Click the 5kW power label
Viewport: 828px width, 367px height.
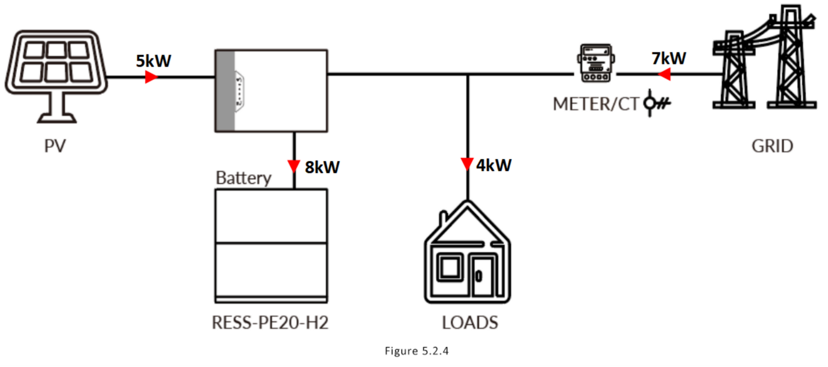(x=153, y=61)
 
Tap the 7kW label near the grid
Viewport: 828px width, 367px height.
(x=669, y=58)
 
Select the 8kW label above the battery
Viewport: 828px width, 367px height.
(x=322, y=167)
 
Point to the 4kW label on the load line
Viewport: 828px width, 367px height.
(x=494, y=165)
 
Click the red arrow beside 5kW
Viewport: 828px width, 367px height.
(x=151, y=77)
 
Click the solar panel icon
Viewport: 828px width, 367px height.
(x=56, y=77)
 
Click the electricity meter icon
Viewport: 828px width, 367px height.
(x=596, y=63)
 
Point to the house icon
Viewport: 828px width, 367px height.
(x=467, y=252)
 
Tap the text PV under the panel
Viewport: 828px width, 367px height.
(x=55, y=146)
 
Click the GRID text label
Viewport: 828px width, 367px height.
(x=772, y=146)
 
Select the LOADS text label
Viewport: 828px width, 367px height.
(x=470, y=323)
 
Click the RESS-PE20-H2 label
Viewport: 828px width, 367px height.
(x=270, y=323)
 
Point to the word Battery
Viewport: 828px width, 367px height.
(x=243, y=178)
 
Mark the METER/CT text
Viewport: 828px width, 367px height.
(x=596, y=104)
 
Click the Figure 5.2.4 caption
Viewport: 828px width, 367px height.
(x=417, y=351)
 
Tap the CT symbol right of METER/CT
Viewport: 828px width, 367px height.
(x=657, y=103)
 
